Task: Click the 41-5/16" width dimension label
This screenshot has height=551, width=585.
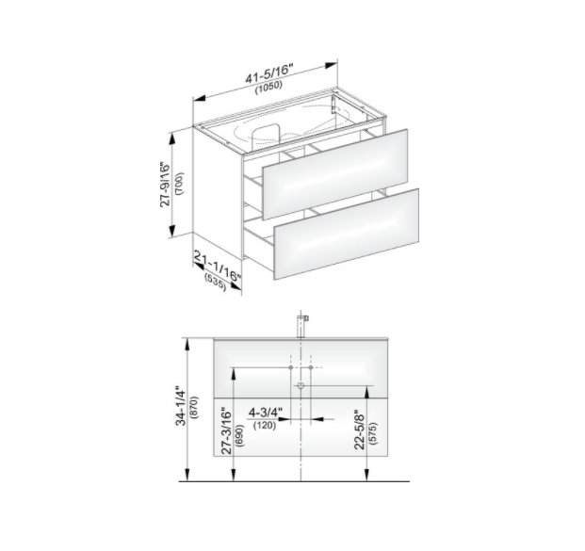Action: [x=269, y=73]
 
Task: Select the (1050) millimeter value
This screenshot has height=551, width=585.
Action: [x=268, y=87]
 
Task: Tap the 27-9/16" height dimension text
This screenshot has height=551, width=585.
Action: [x=165, y=185]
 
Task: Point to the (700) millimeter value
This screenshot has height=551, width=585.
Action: [x=179, y=184]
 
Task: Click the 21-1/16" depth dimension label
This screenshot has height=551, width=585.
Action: [x=218, y=267]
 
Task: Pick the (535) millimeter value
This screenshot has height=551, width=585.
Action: [x=216, y=283]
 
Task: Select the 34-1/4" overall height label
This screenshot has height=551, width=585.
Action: [x=181, y=406]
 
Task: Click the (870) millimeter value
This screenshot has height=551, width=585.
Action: [x=194, y=408]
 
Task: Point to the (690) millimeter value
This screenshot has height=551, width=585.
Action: [x=239, y=436]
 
